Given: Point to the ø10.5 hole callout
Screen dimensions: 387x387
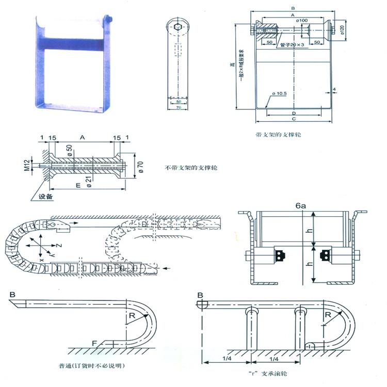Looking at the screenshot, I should (x=278, y=93).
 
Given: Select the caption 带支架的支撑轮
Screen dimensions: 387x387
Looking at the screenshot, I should (x=278, y=134).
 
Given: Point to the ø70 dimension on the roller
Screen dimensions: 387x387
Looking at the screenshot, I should (x=139, y=166).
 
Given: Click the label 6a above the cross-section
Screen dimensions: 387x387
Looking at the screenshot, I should (x=301, y=205).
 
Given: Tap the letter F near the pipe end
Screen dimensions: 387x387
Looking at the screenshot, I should (x=94, y=343).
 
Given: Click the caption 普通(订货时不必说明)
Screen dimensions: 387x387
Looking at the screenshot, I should (x=92, y=366).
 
